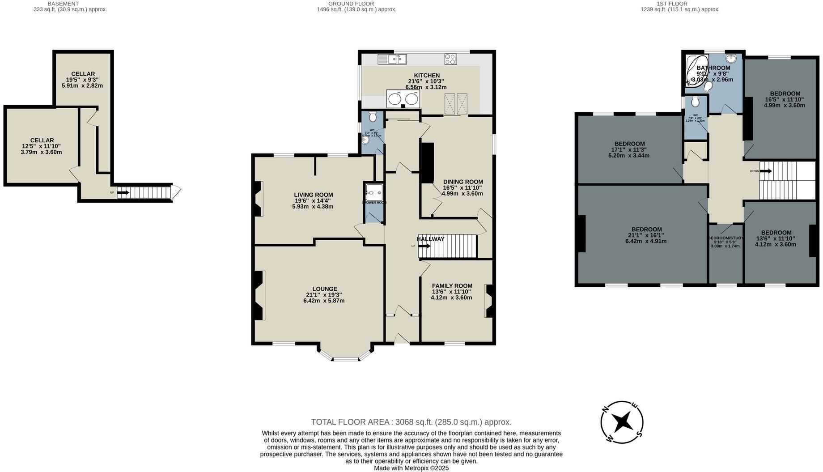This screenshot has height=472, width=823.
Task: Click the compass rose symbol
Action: tap(622, 422)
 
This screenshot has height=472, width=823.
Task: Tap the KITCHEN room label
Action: tap(426, 75)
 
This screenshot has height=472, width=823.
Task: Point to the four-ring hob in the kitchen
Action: tap(450, 59)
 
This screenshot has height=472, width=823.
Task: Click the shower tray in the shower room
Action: tap(373, 193)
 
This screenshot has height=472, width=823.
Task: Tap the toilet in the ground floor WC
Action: tap(373, 117)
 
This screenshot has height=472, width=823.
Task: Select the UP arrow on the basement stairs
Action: tap(123, 193)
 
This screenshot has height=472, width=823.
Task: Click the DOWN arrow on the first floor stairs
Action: tap(765, 171)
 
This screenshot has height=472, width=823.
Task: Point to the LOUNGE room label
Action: tap(324, 289)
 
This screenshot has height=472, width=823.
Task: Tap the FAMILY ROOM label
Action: tap(452, 285)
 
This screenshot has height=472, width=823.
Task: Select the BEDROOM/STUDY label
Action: tap(725, 238)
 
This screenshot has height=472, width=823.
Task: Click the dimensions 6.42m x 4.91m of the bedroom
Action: tap(645, 241)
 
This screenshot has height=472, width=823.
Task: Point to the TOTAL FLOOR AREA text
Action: tap(411, 422)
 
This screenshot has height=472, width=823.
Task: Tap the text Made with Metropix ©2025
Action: tap(411, 468)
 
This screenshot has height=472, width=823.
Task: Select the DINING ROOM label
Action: tap(462, 182)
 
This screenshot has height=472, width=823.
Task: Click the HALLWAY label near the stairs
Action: tap(430, 239)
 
